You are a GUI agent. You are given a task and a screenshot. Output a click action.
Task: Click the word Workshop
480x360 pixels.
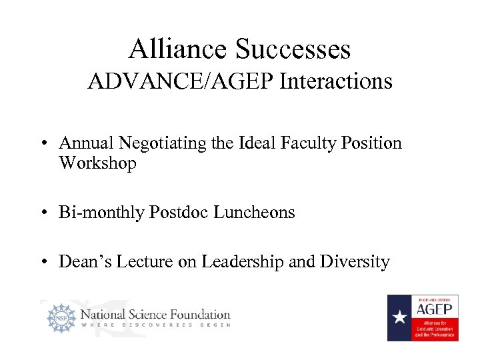click(x=97, y=163)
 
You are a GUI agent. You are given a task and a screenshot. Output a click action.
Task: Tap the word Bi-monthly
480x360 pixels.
click(x=101, y=213)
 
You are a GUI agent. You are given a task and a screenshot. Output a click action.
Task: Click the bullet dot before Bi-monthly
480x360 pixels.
click(x=43, y=213)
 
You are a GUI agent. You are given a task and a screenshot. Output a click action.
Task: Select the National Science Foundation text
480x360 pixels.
click(x=155, y=314)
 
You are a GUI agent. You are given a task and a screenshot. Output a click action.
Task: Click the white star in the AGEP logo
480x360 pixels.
click(x=399, y=317)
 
